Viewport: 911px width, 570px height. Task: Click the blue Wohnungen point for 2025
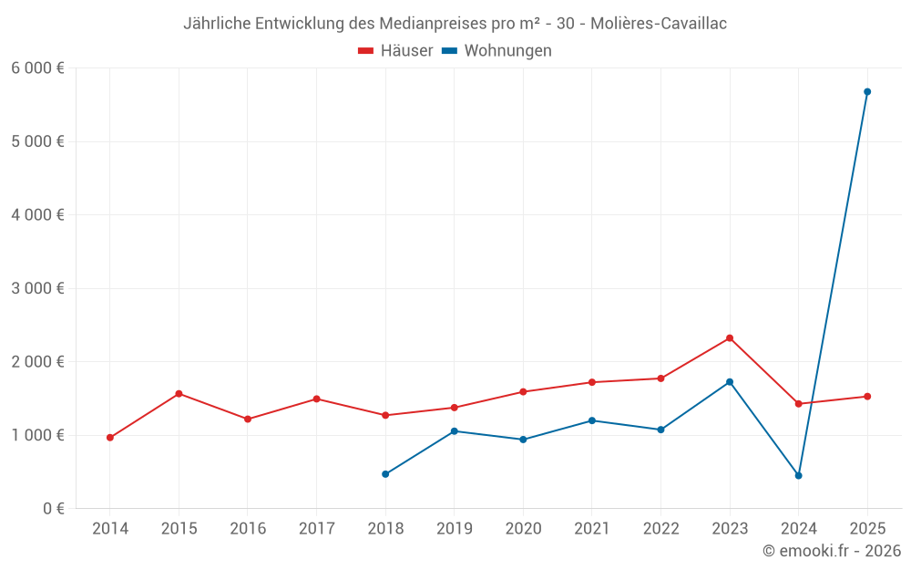pos(867,92)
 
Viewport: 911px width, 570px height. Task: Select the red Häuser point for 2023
pos(730,338)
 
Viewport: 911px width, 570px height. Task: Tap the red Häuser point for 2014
pos(110,438)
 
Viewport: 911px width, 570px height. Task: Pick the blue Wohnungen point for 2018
pos(385,474)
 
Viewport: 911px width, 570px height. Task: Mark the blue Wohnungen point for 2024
pos(799,476)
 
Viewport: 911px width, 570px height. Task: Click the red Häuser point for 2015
pos(179,394)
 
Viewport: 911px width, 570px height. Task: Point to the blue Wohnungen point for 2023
pos(730,382)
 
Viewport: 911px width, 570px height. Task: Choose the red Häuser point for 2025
pos(867,397)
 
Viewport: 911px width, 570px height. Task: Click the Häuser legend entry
pos(395,51)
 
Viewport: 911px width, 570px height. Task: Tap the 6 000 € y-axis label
pos(37,67)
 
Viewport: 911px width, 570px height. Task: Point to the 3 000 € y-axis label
pos(37,288)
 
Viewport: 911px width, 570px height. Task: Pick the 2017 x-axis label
pos(316,529)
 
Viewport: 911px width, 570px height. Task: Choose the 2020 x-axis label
pos(523,529)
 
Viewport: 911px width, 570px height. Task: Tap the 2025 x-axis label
pos(867,529)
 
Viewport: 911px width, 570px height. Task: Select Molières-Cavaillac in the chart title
pos(659,24)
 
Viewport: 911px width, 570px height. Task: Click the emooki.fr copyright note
pos(832,551)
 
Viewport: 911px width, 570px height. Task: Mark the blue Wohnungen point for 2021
pos(592,420)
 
